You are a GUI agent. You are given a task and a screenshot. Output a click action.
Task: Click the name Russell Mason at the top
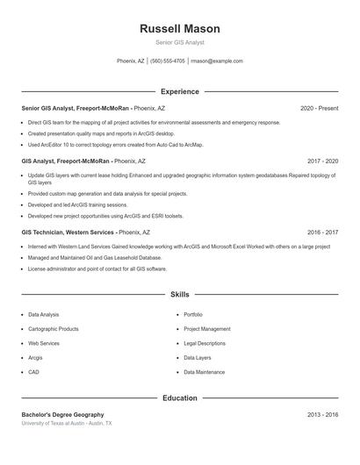179,28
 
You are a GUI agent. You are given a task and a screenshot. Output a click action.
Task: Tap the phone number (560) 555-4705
167,61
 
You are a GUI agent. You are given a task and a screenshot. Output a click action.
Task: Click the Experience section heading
179,91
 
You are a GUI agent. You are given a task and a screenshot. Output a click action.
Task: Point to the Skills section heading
179,295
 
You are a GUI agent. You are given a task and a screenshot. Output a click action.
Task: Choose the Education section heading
179,397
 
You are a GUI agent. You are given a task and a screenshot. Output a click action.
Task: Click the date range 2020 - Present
319,108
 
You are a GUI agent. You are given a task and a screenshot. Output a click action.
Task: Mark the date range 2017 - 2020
322,161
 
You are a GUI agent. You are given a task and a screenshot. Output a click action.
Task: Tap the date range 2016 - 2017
322,232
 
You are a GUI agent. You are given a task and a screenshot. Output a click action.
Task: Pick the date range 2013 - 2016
322,414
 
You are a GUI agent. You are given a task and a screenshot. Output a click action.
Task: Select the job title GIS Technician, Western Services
68,232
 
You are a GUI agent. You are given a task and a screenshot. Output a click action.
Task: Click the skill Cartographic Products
54,329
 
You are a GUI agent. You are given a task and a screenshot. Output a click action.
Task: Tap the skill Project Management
206,329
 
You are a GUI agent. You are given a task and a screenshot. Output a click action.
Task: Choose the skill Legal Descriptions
205,343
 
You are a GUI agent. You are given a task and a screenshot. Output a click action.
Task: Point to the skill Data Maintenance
204,372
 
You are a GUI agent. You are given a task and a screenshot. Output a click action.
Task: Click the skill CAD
33,372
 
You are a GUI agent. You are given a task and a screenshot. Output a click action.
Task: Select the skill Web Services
44,343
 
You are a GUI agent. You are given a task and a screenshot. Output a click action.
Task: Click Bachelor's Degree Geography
62,414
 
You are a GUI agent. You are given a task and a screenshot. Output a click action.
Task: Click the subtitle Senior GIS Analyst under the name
179,42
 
